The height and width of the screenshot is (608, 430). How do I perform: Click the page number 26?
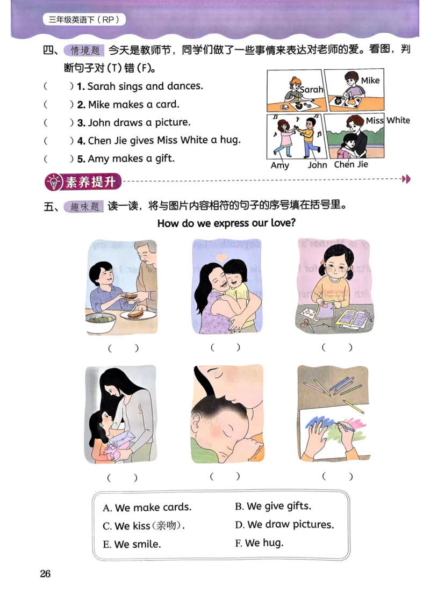coord(45,574)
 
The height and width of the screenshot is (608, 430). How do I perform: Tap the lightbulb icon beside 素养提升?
coord(54,182)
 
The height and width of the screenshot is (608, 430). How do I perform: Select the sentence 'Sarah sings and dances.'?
coord(145,86)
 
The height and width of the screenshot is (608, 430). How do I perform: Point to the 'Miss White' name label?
coord(388,120)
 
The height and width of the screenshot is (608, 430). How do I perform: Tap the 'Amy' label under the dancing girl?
coord(279,165)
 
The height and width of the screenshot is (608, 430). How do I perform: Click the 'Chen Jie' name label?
coord(351,164)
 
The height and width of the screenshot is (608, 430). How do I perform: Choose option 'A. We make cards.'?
coord(147,508)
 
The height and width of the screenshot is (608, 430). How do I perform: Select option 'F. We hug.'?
coord(259,543)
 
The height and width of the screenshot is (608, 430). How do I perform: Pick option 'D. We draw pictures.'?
coord(284,524)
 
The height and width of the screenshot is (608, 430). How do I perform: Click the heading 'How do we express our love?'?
coord(226,223)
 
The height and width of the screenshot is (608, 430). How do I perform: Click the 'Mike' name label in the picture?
coord(370,81)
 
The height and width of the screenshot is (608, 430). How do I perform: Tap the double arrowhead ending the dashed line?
coord(406,179)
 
